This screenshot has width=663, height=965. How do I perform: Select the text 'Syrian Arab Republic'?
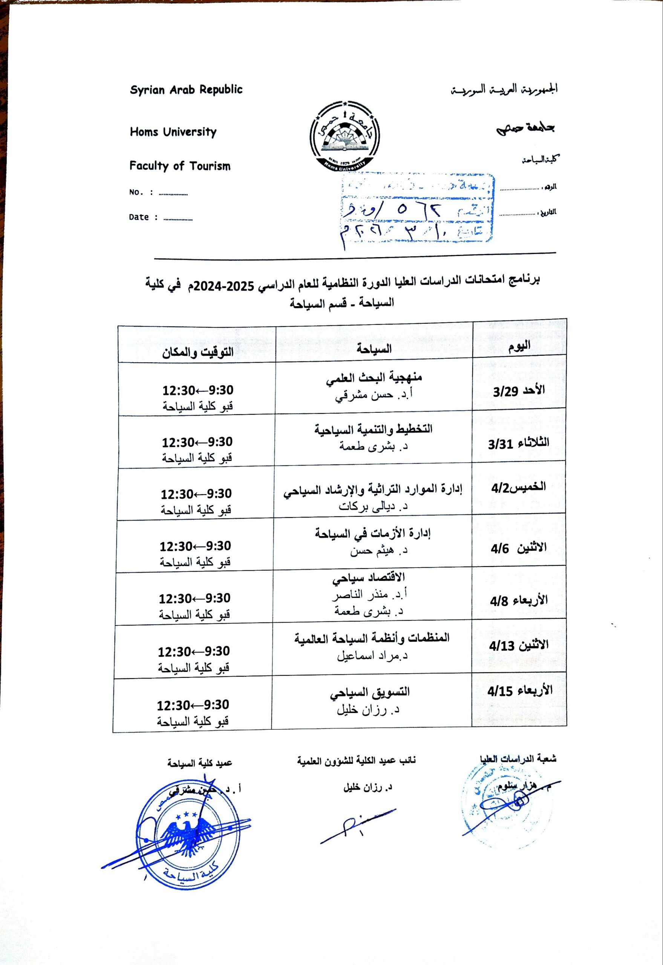point(186,90)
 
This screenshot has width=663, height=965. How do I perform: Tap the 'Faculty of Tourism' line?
point(179,166)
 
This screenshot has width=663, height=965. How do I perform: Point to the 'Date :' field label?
point(143,217)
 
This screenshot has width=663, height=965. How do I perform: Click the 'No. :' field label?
point(141,192)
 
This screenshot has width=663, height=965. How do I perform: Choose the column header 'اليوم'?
point(519,346)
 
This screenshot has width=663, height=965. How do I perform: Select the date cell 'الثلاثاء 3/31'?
point(518,443)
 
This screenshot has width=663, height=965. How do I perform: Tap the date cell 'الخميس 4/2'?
point(518,487)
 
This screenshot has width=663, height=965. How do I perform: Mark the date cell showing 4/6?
point(518,548)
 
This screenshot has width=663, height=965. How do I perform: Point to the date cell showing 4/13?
point(518,645)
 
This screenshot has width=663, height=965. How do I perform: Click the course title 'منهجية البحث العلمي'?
point(374,378)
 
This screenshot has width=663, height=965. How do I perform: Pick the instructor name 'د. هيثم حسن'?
point(378,551)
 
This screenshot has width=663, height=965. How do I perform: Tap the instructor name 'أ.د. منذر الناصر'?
point(369,595)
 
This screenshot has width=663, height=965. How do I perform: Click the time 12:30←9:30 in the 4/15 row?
point(193,705)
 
